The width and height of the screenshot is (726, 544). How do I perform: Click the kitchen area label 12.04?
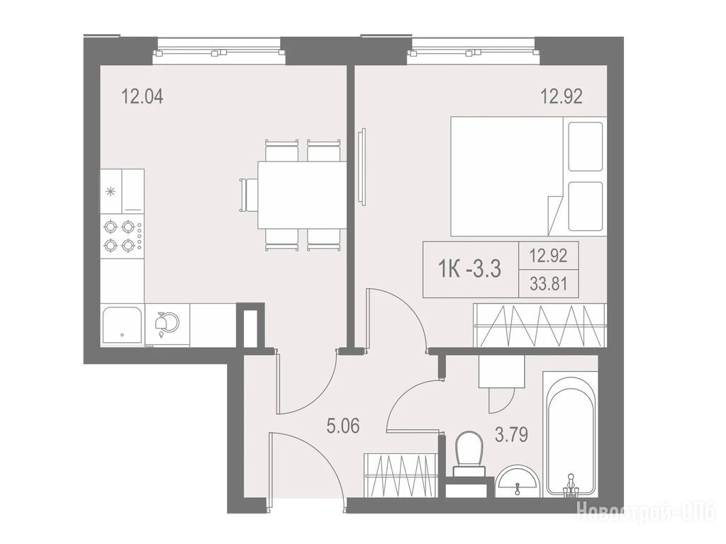pyautogui.click(x=142, y=98)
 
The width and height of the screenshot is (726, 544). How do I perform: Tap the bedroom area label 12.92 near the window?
pyautogui.click(x=562, y=96)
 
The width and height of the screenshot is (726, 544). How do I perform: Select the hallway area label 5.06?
pyautogui.click(x=343, y=426)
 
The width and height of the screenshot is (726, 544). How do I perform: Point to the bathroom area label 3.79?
pyautogui.click(x=512, y=435)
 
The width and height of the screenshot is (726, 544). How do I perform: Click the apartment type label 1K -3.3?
pyautogui.click(x=469, y=268)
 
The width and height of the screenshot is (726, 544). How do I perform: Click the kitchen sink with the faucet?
pyautogui.click(x=167, y=324)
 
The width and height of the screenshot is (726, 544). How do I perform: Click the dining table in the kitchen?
pyautogui.click(x=302, y=194)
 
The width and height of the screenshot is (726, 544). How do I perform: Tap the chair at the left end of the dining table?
pyautogui.click(x=249, y=195)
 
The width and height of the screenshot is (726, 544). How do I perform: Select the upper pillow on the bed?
pyautogui.click(x=585, y=146)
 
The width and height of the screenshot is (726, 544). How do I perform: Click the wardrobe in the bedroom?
pyautogui.click(x=540, y=325)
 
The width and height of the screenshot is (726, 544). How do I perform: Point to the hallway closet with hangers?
pyautogui.click(x=401, y=475)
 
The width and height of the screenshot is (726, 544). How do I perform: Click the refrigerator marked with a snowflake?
pyautogui.click(x=122, y=191)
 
